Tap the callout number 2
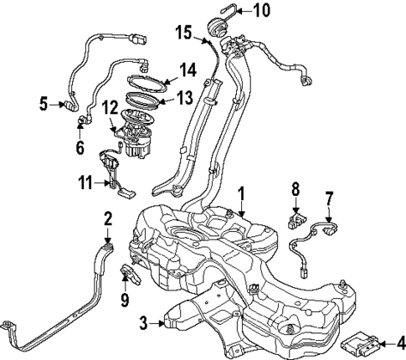point(108,219)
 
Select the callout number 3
point(143,320)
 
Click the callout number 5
point(44,105)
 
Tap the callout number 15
point(184,33)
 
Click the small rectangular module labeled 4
point(360,342)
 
